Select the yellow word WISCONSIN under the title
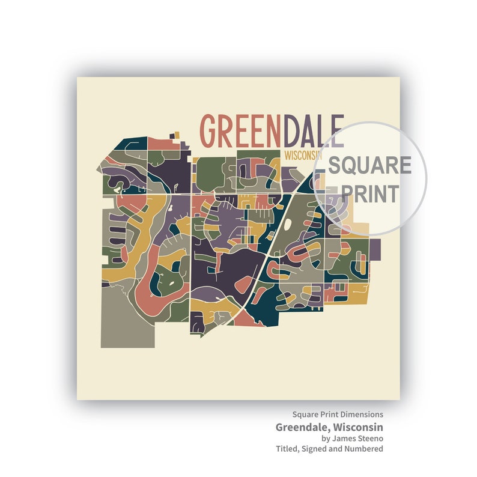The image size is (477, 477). pyautogui.click(x=300, y=155)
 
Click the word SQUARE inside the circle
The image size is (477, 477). pyautogui.click(x=369, y=165)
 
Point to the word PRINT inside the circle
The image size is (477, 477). pyautogui.click(x=370, y=193)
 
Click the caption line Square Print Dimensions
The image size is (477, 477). pyautogui.click(x=338, y=415)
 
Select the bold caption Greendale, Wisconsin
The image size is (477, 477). pyautogui.click(x=329, y=427)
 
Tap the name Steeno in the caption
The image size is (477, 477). pyautogui.click(x=370, y=439)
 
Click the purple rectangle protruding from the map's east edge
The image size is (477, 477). pyautogui.click(x=375, y=248)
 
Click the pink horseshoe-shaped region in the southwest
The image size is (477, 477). pyautogui.click(x=150, y=294)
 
